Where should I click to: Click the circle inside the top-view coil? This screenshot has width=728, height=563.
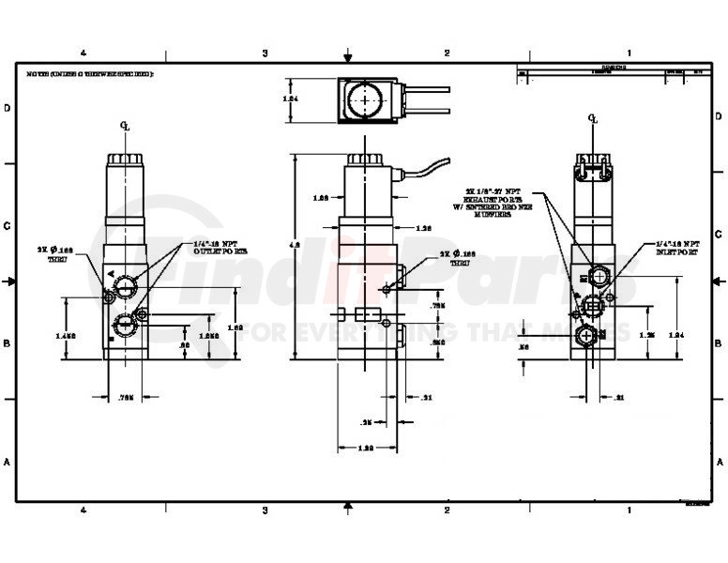point(362,99)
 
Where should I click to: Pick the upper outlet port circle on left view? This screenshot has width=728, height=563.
point(125,284)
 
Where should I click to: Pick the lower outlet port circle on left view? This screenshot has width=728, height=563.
point(125,326)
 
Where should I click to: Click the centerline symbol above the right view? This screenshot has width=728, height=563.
point(591,118)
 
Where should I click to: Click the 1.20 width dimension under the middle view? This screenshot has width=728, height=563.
point(368,449)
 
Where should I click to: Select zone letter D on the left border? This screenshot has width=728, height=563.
point(8,109)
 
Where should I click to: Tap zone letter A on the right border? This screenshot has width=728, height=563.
point(720,462)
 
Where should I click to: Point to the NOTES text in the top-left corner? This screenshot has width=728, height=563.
point(89,73)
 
